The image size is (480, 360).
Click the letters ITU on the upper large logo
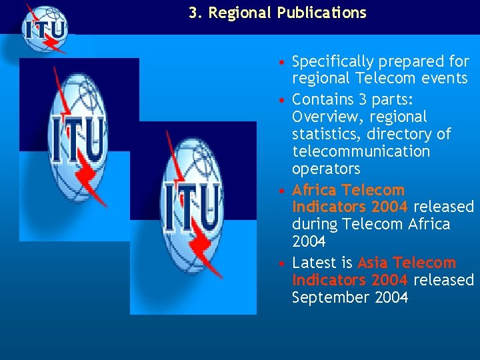[77, 139]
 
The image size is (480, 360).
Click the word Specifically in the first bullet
[333, 62]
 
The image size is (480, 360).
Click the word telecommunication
[361, 151]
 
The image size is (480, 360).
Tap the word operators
[325, 169]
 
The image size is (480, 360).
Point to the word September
[327, 297]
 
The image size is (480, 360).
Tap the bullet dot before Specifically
[283, 63]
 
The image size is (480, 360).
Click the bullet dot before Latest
[283, 263]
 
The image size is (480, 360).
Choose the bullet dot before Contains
[283, 100]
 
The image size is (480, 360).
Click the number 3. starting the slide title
[195, 13]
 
